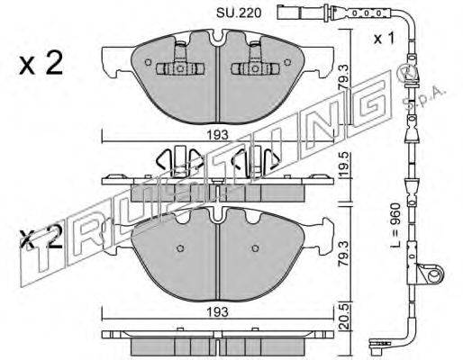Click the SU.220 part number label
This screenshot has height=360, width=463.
click(239, 13)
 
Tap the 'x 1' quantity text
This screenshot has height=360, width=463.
click(384, 39)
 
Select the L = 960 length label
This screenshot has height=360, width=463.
click(396, 225)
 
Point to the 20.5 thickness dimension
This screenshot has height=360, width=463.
click(345, 317)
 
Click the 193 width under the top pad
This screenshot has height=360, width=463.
click(218, 135)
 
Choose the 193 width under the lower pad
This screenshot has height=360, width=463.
click(218, 312)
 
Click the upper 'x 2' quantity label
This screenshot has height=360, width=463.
click(41, 63)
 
